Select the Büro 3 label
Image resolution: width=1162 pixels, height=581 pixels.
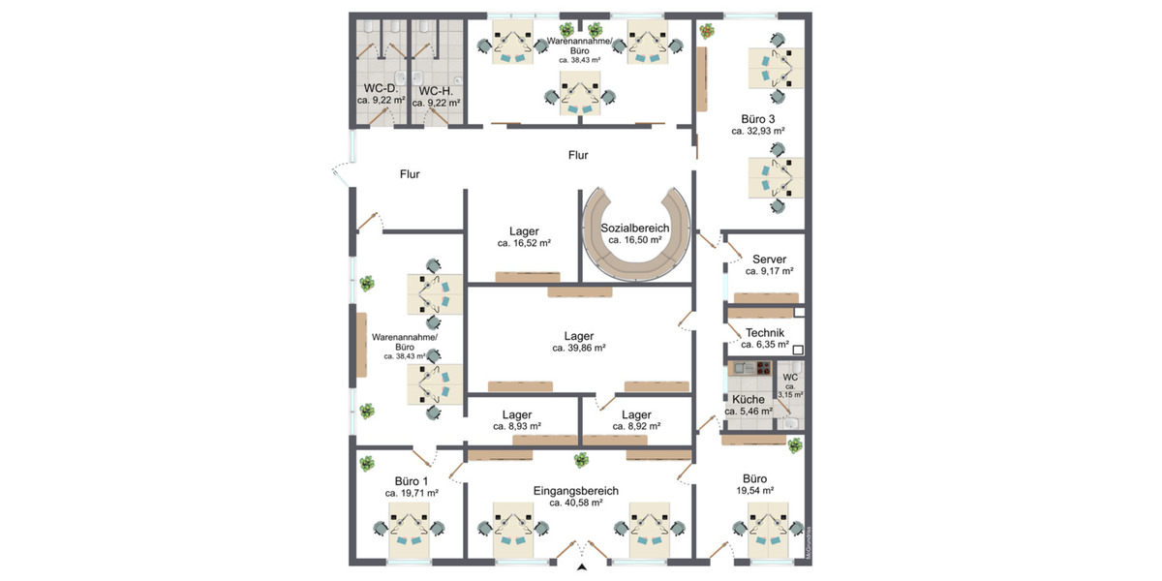click(x=757, y=118)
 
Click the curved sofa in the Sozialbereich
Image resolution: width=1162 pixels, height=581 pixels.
click(x=635, y=260)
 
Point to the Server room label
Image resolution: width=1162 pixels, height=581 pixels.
click(x=769, y=260)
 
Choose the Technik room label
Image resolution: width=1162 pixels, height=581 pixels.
click(x=765, y=332)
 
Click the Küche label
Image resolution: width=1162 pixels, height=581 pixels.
click(x=748, y=399)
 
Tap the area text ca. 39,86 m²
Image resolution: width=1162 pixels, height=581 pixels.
click(x=579, y=348)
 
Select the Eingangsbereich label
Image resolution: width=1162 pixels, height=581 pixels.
click(x=576, y=491)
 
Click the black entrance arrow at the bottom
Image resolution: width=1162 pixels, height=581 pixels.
click(x=581, y=567)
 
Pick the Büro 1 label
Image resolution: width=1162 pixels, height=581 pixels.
click(x=412, y=480)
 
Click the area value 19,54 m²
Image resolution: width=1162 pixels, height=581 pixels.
click(x=754, y=491)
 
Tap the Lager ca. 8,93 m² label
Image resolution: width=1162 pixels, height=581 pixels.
click(x=516, y=413)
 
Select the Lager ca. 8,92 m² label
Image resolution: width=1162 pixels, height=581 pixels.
click(x=636, y=413)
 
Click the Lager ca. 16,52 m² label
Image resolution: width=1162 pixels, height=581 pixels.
click(x=524, y=231)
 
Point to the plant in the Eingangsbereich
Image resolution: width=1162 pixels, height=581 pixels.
click(x=581, y=459)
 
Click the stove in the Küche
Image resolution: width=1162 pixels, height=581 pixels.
click(x=763, y=368)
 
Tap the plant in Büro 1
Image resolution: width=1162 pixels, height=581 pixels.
click(x=367, y=464)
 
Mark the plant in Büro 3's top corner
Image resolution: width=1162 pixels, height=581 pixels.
click(x=707, y=31)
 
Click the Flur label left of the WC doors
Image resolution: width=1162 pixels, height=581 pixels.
click(x=410, y=174)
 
